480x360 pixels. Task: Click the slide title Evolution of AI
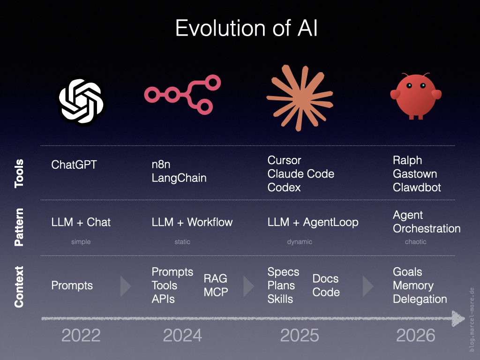(247, 28)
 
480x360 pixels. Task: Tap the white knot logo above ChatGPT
(82, 102)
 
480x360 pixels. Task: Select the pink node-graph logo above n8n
(182, 94)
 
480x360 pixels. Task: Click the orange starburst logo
(300, 98)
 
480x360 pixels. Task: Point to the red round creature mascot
(416, 96)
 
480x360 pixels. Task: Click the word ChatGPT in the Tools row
(74, 165)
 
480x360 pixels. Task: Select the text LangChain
(179, 178)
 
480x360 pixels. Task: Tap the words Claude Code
(300, 174)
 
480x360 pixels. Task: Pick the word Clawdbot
(417, 187)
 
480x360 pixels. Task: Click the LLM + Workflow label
(192, 222)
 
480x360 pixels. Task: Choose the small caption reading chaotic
(415, 242)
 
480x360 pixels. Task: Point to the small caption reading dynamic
(300, 242)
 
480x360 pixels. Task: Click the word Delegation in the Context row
(420, 299)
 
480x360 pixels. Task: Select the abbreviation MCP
(216, 292)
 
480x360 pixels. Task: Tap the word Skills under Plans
(280, 299)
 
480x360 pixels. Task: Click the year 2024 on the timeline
(182, 336)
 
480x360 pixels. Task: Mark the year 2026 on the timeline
(415, 336)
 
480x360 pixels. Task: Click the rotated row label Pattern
(19, 227)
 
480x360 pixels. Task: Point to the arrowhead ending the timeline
(458, 318)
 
